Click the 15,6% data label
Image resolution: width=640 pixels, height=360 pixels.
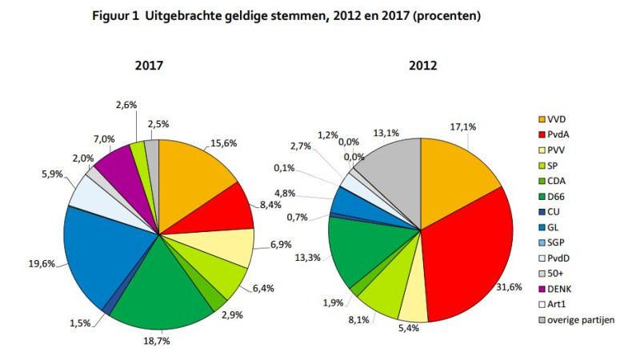[223, 145]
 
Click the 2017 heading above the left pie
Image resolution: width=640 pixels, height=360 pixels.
[150, 66]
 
